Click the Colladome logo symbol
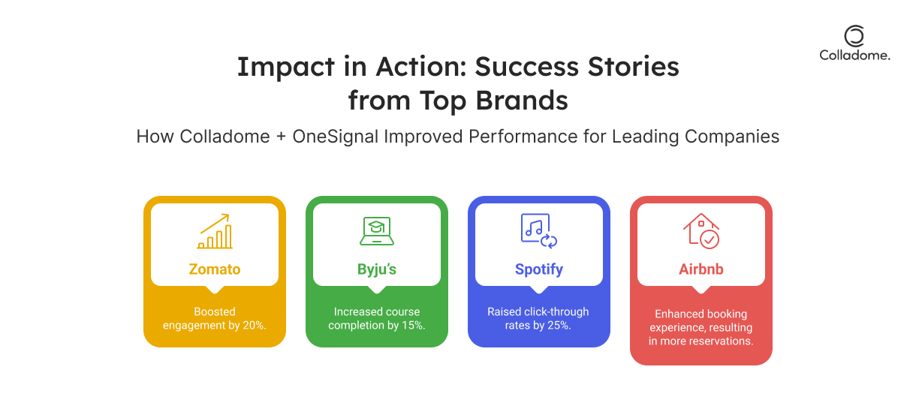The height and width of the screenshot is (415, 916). (x=854, y=36)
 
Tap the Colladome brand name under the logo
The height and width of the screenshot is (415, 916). (x=854, y=56)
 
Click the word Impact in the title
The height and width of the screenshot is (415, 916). (x=286, y=68)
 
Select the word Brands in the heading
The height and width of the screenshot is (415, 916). (x=522, y=100)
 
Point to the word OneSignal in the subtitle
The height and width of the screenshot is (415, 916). (x=336, y=137)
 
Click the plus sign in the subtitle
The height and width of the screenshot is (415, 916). (x=281, y=137)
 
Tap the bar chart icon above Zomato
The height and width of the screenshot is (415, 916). (x=215, y=231)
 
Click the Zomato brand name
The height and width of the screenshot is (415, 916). (x=215, y=269)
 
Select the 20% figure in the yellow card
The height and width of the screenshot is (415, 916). (x=254, y=325)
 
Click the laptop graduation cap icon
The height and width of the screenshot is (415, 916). (x=377, y=231)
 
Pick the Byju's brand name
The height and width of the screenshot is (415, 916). (x=377, y=269)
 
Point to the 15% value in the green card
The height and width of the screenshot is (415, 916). (x=413, y=325)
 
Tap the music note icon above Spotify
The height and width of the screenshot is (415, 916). (x=539, y=231)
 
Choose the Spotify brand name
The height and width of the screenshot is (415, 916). (x=539, y=269)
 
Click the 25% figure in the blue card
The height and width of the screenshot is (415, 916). (x=559, y=325)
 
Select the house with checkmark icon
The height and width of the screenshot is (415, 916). (x=701, y=231)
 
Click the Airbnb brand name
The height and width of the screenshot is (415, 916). (x=701, y=269)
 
